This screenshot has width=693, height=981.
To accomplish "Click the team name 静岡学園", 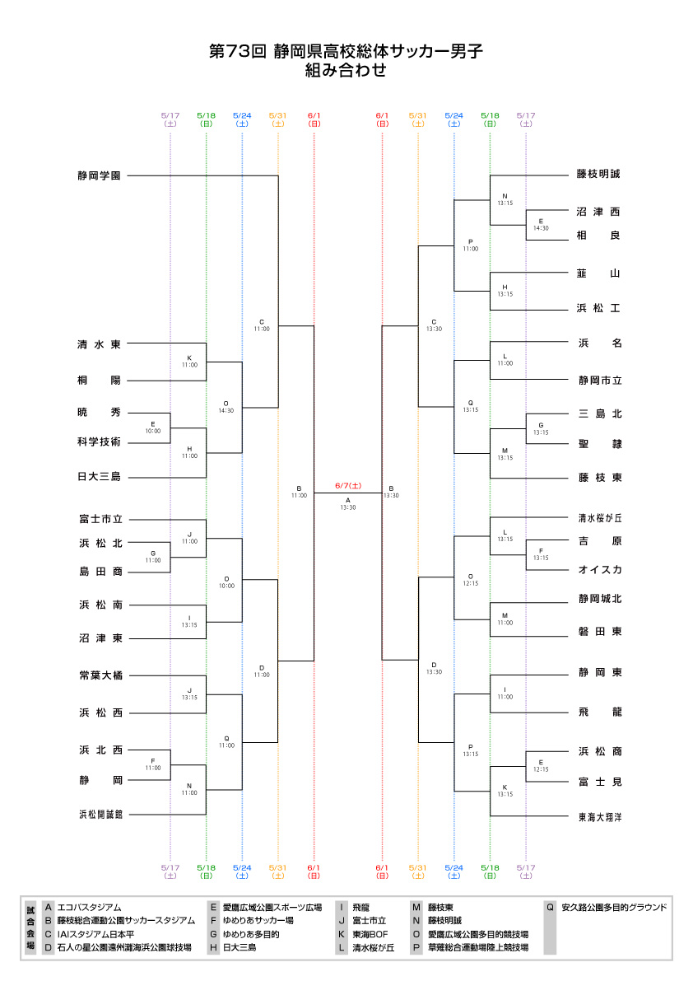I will click(x=100, y=175).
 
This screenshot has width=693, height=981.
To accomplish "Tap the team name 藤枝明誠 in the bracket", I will click(x=598, y=175).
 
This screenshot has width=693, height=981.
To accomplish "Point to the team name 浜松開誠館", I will click(x=100, y=814).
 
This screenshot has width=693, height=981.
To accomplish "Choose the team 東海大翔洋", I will click(x=599, y=817).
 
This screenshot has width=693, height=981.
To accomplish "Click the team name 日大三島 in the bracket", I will click(x=100, y=477).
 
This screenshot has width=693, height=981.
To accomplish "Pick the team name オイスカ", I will click(x=598, y=569).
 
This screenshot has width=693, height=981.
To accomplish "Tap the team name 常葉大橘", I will click(x=100, y=675).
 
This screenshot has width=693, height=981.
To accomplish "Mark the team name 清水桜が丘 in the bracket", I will click(x=600, y=519).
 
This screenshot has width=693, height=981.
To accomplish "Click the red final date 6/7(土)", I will click(x=347, y=487).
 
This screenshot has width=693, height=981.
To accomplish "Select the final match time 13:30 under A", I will click(x=347, y=507).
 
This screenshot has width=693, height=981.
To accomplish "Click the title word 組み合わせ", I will click(x=346, y=71).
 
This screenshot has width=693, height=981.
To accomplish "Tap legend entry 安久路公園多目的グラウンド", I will click(x=614, y=907).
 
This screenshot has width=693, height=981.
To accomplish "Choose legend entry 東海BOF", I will click(x=370, y=934).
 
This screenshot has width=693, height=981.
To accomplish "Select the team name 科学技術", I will click(x=100, y=442).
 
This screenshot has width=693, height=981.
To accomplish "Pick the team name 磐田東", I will click(x=598, y=632).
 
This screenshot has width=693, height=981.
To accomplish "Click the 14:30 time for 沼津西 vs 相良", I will click(x=541, y=228).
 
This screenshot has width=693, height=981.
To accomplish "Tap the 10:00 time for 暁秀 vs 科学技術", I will click(x=153, y=431).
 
